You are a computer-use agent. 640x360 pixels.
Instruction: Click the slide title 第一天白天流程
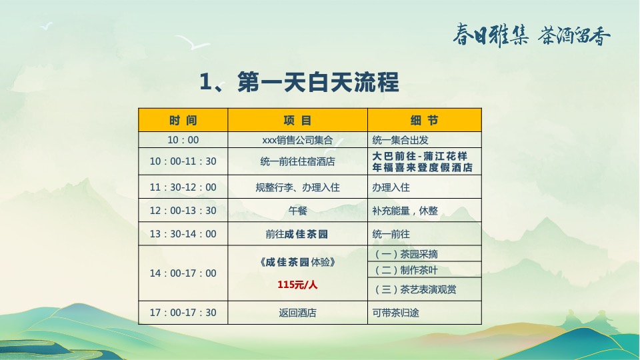coord(299,83)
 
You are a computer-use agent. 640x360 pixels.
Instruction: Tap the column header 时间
coord(183,121)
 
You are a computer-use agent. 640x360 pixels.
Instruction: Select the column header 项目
coord(297,121)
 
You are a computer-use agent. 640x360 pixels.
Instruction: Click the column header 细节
coord(424,121)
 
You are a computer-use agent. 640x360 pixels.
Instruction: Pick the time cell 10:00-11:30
coord(183,161)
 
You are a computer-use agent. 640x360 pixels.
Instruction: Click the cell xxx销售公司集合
coord(297,140)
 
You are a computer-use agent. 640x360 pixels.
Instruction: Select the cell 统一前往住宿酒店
coord(297,161)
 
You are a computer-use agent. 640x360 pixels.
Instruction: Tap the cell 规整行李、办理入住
coord(297,187)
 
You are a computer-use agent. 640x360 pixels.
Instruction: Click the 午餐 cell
coord(297,211)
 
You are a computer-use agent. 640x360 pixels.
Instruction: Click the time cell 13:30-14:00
coord(183,234)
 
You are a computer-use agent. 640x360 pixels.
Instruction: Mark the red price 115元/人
coord(297,285)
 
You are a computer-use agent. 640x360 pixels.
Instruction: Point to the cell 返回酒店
coord(297,312)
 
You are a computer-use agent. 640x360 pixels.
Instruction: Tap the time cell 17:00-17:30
coord(183,312)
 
